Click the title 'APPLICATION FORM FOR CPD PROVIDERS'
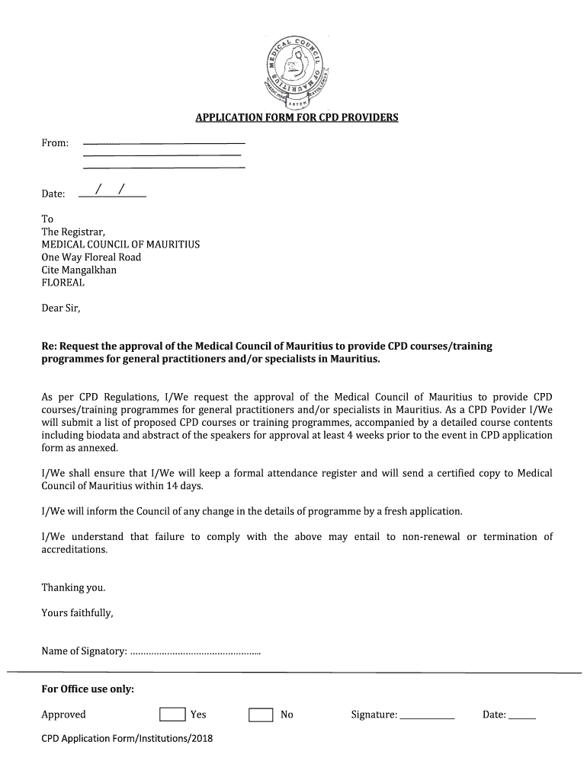pyautogui.click(x=297, y=117)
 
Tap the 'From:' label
pyautogui.click(x=55, y=143)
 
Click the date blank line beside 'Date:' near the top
pyautogui.click(x=112, y=195)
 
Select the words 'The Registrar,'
pyautogui.click(x=73, y=232)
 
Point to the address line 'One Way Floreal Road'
pyautogui.click(x=91, y=257)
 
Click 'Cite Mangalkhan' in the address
pyautogui.click(x=79, y=270)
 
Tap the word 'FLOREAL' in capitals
pyautogui.click(x=63, y=283)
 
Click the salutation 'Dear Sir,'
pyautogui.click(x=60, y=308)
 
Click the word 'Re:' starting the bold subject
pyautogui.click(x=49, y=347)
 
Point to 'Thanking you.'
pyautogui.click(x=73, y=587)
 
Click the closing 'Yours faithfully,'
pyautogui.click(x=77, y=612)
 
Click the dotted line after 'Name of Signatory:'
pyautogui.click(x=195, y=651)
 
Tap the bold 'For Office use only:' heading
pyautogui.click(x=88, y=689)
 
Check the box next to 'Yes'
pyautogui.click(x=172, y=714)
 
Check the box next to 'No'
pyautogui.click(x=261, y=714)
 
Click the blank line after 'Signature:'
pyautogui.click(x=427, y=716)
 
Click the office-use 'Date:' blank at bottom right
pyautogui.click(x=522, y=716)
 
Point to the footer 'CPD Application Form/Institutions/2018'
pyautogui.click(x=127, y=738)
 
